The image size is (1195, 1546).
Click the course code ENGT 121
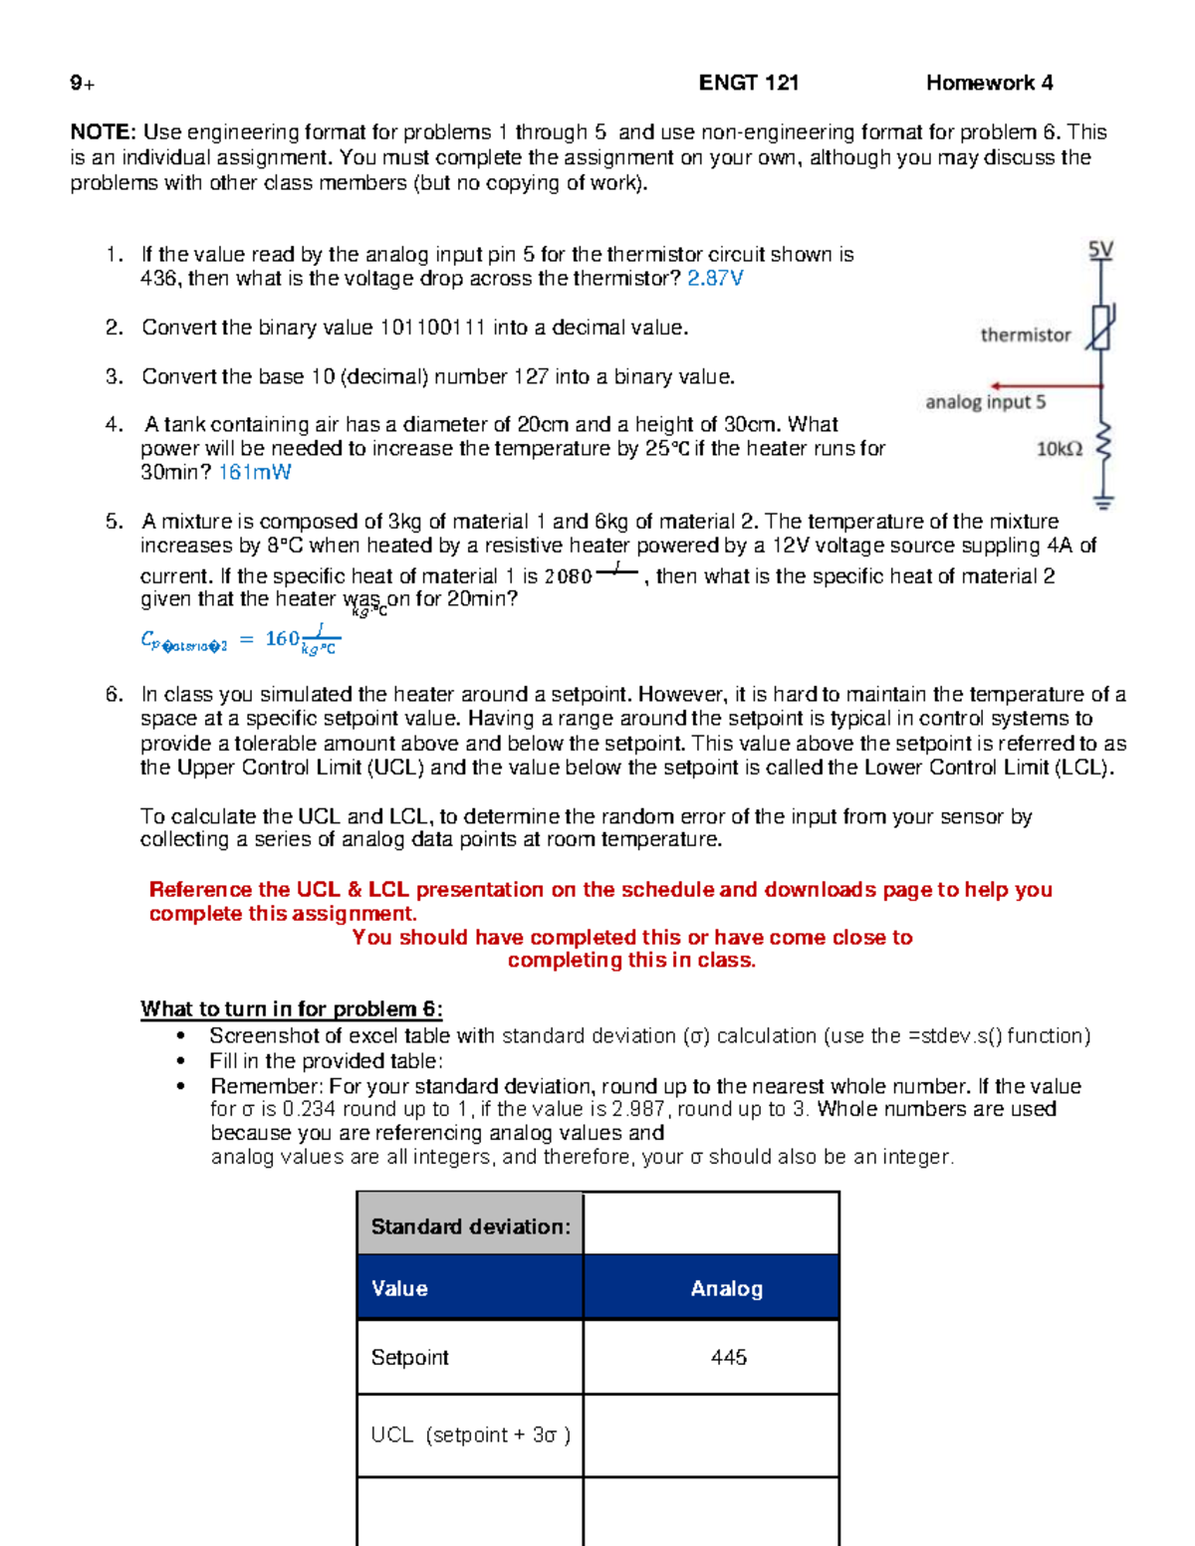(749, 83)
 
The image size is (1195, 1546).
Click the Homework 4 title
(989, 83)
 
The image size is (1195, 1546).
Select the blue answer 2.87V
(715, 279)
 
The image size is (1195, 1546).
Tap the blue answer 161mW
(255, 472)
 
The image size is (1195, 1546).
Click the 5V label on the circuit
(1100, 250)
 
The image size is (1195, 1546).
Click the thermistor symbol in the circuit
(1100, 329)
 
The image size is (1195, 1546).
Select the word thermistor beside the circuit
(1025, 335)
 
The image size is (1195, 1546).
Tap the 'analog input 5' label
(985, 402)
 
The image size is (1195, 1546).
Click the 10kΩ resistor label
(1059, 449)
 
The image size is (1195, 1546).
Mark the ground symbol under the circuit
(1102, 503)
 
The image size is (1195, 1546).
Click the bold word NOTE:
(103, 132)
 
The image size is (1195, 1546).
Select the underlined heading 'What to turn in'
(291, 1008)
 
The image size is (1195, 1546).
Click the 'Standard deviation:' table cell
(470, 1226)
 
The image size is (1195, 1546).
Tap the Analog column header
(726, 1288)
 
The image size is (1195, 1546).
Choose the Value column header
(399, 1288)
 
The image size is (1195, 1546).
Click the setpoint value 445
(728, 1357)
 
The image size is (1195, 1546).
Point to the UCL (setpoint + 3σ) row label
(470, 1435)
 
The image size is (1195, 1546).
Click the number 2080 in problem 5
(569, 576)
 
